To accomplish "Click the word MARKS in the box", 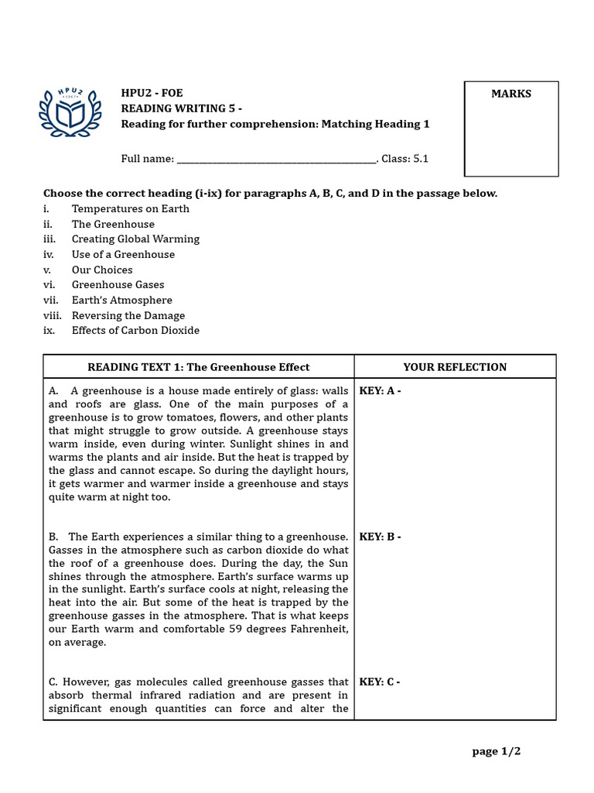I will pyautogui.click(x=511, y=94).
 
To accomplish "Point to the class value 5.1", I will pyautogui.click(x=420, y=159).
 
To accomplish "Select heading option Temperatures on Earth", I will pyautogui.click(x=130, y=208).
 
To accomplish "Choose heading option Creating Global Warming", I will pyautogui.click(x=135, y=239).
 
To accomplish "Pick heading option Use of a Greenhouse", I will pyautogui.click(x=123, y=254).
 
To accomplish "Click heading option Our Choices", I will pyautogui.click(x=102, y=269).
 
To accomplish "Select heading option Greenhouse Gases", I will pyautogui.click(x=118, y=285).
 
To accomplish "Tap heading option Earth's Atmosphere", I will pyautogui.click(x=121, y=300).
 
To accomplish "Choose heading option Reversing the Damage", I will pyautogui.click(x=128, y=315).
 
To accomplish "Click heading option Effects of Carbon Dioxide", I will pyautogui.click(x=135, y=330).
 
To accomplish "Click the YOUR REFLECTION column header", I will pyautogui.click(x=455, y=367).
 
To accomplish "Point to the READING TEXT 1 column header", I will pyautogui.click(x=198, y=367).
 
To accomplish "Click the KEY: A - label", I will pyautogui.click(x=380, y=391).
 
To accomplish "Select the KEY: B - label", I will pyautogui.click(x=380, y=537).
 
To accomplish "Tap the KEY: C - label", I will pyautogui.click(x=380, y=682).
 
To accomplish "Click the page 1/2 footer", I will pyautogui.click(x=502, y=751).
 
